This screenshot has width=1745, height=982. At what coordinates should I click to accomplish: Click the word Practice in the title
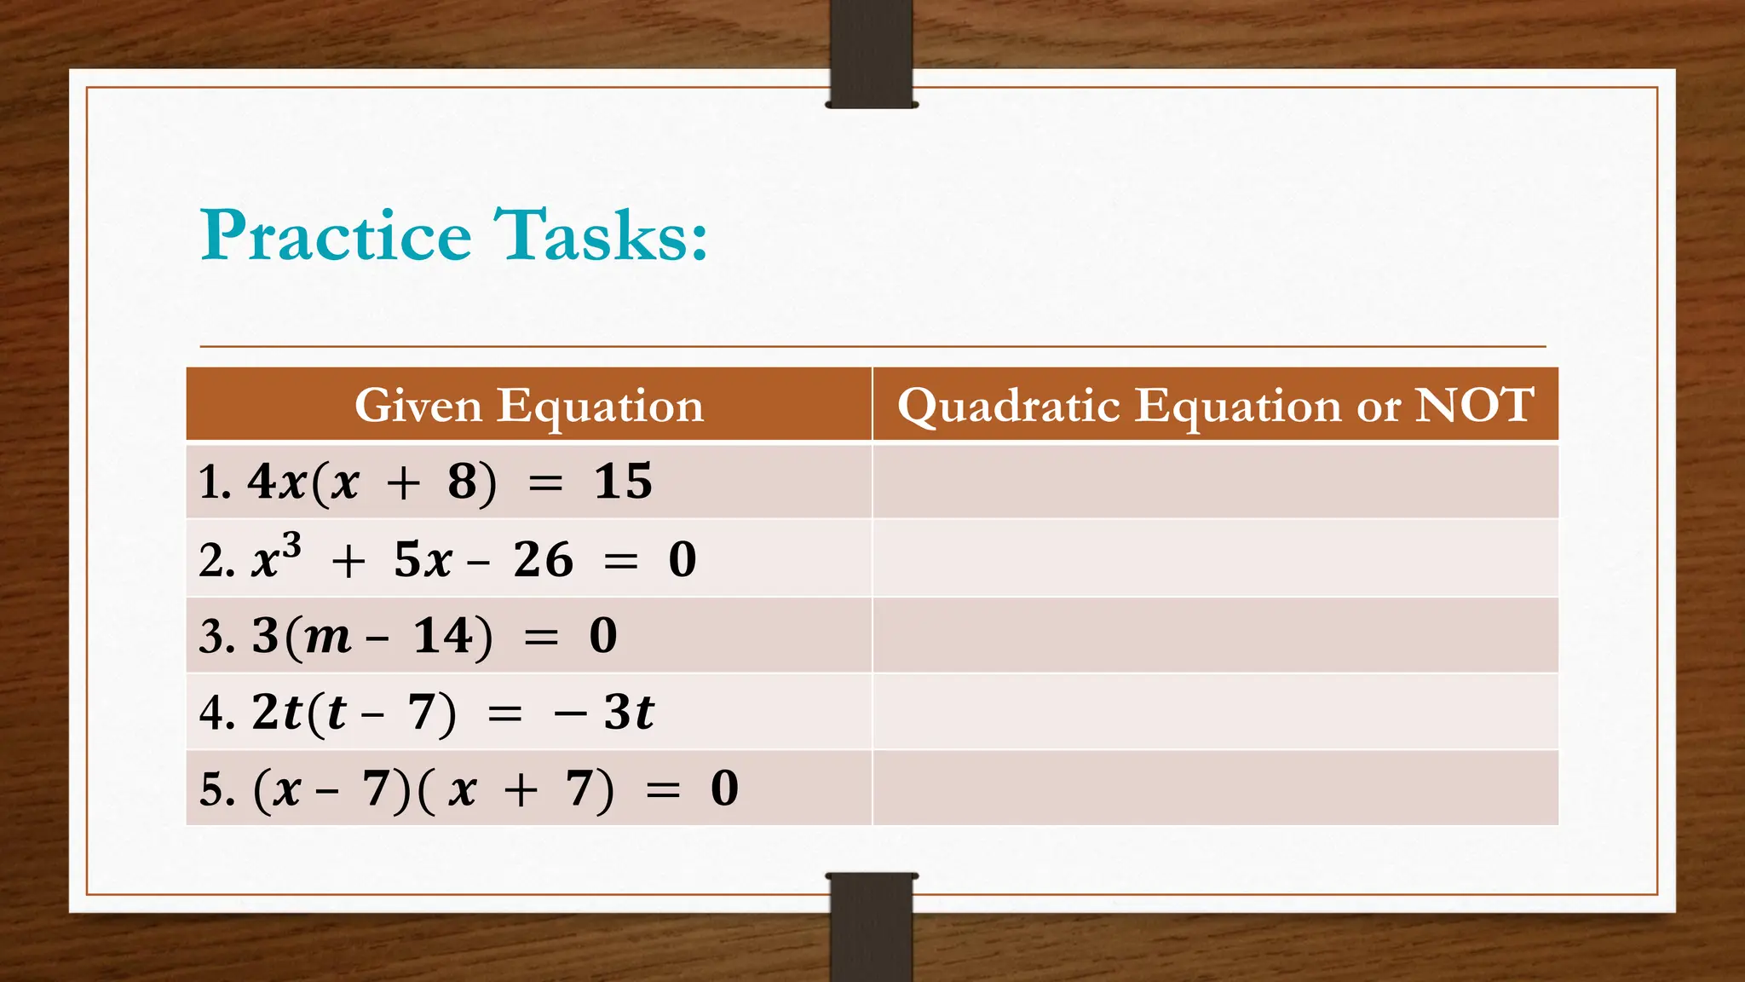pos(337,235)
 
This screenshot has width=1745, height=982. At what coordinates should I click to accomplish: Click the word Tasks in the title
pos(601,235)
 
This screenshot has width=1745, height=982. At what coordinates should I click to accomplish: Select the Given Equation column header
pos(528,405)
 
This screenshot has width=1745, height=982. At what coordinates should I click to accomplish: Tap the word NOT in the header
pos(1474,405)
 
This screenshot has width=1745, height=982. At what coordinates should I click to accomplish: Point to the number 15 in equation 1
pos(623,482)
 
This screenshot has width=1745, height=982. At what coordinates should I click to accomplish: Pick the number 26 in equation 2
pos(543,560)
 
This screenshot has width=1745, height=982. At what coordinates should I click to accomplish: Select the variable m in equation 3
pos(327,637)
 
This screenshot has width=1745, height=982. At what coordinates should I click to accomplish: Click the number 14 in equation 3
pos(443,636)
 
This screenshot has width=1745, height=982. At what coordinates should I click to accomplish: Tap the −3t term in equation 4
pos(605,712)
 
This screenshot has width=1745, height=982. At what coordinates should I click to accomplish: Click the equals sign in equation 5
pos(663,790)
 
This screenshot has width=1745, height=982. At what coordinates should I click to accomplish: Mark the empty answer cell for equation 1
pos(1215,482)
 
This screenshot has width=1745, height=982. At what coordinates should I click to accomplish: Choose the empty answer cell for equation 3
pos(1215,636)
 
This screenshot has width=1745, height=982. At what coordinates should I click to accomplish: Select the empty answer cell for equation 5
pos(1215,788)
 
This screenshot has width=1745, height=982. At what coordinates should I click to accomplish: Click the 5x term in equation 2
pos(423,560)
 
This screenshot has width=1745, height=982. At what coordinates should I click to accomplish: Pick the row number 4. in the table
pos(216,713)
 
